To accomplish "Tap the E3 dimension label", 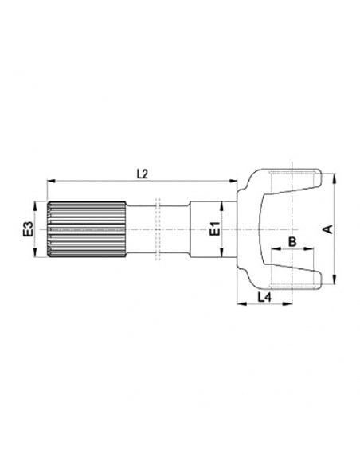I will pos(27,229).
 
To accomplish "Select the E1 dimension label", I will pos(213,229).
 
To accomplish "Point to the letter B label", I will pos(292,240).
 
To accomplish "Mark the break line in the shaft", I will pos(159,229).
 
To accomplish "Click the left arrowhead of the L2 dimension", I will pos(49,181).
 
